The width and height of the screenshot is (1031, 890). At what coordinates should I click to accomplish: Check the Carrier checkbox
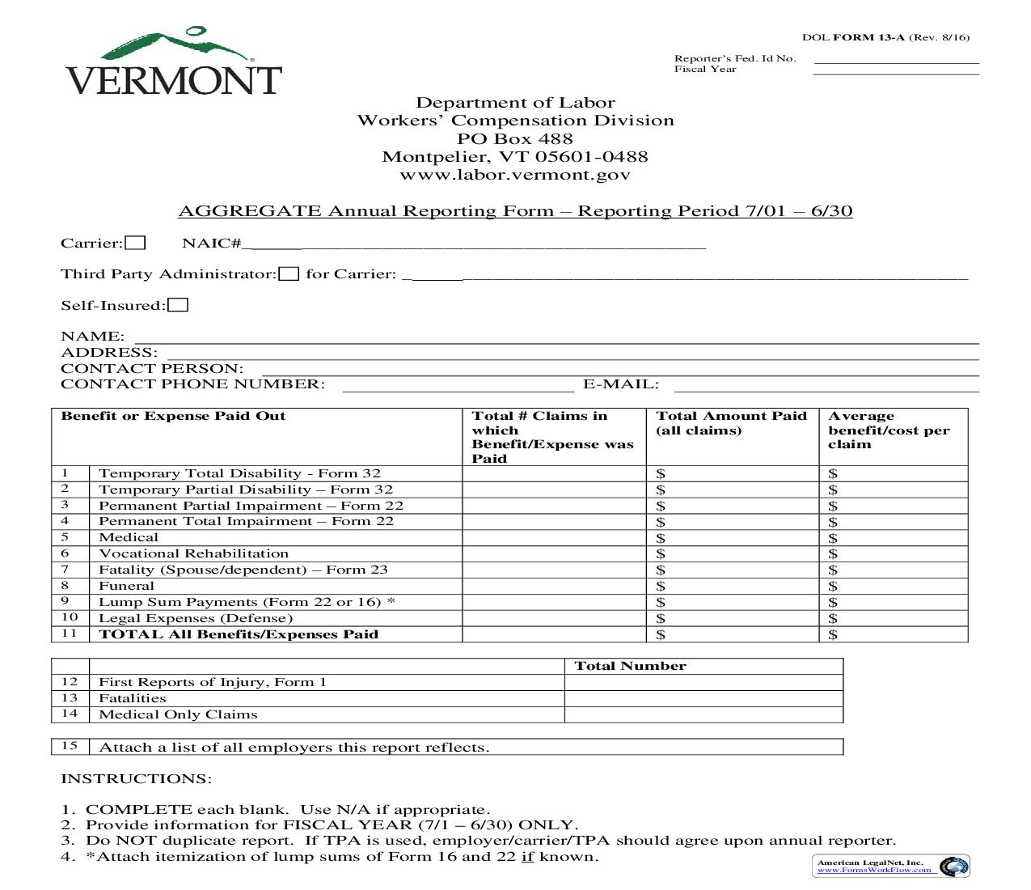pos(136,243)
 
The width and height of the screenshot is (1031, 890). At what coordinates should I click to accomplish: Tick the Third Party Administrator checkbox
pos(289,273)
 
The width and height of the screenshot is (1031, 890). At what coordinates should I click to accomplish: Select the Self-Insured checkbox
pos(178,305)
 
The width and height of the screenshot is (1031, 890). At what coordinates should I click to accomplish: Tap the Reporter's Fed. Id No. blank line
pos(896,59)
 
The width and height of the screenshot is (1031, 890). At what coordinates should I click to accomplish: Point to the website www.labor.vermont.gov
pos(515,175)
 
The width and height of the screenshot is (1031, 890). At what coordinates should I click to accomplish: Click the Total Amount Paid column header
pos(731,423)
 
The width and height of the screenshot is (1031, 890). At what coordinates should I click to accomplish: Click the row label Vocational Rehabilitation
pos(193,553)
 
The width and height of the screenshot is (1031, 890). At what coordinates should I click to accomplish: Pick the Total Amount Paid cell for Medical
pos(732,538)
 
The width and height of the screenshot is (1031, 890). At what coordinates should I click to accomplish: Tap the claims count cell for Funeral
pos(554,586)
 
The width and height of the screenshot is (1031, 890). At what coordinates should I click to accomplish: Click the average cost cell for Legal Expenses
pos(893,618)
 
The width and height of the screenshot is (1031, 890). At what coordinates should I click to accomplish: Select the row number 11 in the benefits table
pos(70,634)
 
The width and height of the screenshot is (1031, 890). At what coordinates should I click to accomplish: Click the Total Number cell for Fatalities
pos(703,698)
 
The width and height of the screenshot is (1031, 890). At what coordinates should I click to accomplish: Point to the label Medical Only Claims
pos(178,714)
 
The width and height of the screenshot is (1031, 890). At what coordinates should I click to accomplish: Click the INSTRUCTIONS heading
pos(136,778)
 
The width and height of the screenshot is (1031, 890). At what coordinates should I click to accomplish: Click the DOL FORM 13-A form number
pos(885,37)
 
